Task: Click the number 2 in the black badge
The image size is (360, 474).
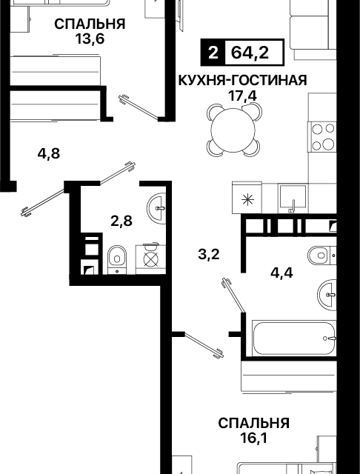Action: coord(214,54)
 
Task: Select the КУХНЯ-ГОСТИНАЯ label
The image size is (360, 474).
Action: coord(241,81)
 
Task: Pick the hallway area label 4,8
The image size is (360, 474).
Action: coord(49,154)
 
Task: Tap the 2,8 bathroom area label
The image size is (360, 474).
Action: coord(121,221)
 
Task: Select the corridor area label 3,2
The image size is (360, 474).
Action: coord(210,256)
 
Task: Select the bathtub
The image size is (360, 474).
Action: coord(293,339)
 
